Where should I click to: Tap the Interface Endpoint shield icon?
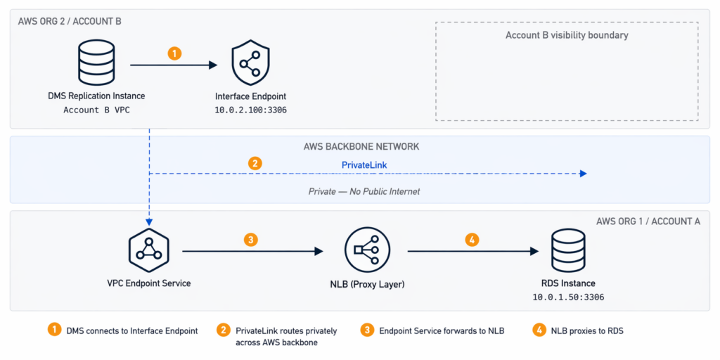[251, 64]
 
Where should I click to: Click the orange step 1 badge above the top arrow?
[174, 53]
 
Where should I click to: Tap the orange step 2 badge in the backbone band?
[255, 163]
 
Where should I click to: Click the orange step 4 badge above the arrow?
[472, 239]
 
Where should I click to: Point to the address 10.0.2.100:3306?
[251, 110]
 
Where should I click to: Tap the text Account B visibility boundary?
[567, 35]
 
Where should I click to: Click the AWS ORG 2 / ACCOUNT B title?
[70, 21]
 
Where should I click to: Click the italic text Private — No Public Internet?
[364, 191]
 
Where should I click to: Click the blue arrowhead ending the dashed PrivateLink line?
[583, 174]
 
